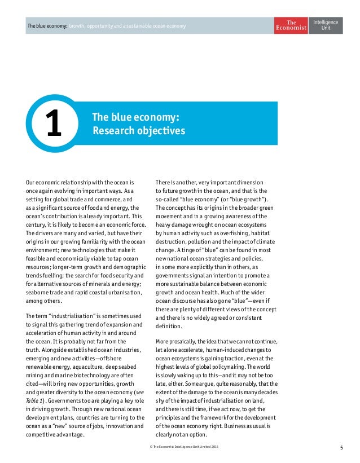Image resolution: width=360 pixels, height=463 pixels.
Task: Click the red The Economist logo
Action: tap(291, 25)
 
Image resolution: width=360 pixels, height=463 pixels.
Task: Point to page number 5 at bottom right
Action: tap(341, 448)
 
